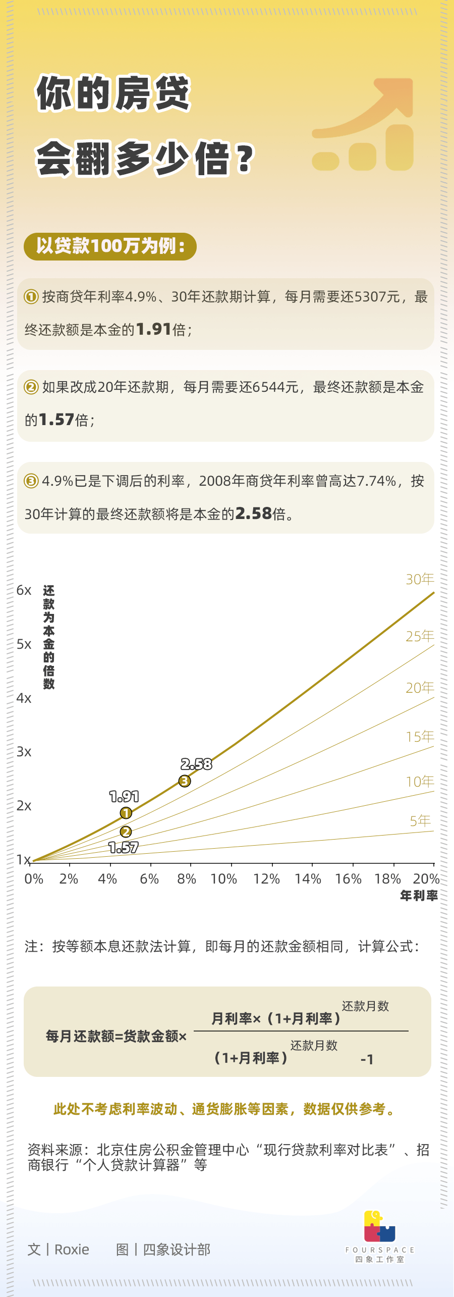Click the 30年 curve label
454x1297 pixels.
coord(420,579)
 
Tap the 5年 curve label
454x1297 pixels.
coord(420,821)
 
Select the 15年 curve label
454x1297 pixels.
coord(420,737)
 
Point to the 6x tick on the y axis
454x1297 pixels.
coord(24,590)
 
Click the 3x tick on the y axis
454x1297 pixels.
coord(24,752)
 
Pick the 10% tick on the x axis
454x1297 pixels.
coord(223,879)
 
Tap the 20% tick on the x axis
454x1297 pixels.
coord(426,879)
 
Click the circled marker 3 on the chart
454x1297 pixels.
coord(185,781)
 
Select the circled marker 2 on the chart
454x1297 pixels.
coord(126,832)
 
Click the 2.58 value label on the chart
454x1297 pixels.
coord(196,764)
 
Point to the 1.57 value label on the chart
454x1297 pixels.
coord(124,848)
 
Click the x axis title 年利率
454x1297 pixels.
coord(419,896)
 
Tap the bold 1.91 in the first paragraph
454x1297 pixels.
coord(154,329)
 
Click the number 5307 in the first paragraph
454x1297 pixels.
coord(370,297)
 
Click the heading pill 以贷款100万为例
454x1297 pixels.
coord(110,246)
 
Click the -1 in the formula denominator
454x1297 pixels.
coord(367,1060)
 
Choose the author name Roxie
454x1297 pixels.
coord(72,1250)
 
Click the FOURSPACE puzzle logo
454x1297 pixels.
coord(379,1227)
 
